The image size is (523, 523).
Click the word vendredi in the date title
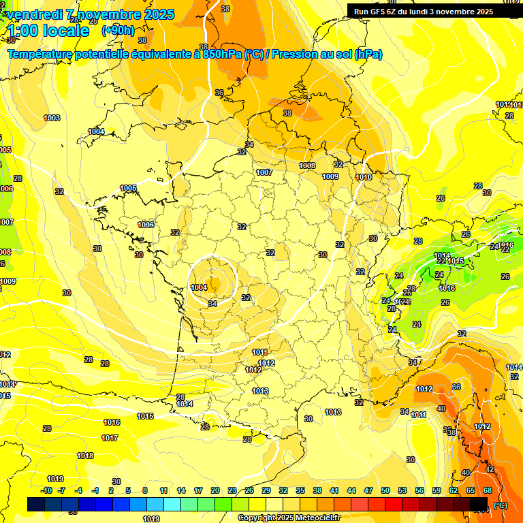pyautogui.click(x=35, y=14)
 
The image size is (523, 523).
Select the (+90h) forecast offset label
pyautogui.click(x=117, y=31)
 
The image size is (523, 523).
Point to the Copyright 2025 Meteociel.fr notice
pyautogui.click(x=289, y=518)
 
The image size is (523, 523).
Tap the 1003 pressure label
pyautogui.click(x=52, y=118)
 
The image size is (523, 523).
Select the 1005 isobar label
pyautogui.click(x=128, y=188)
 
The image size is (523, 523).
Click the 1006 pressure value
pyautogui.click(x=146, y=225)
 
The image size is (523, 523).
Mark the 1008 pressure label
pyautogui.click(x=308, y=165)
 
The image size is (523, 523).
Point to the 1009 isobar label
pyautogui.click(x=330, y=176)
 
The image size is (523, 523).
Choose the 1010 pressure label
pyautogui.click(x=364, y=177)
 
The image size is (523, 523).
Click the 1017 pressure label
pyautogui.click(x=110, y=438)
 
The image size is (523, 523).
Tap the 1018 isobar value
pyautogui.click(x=85, y=456)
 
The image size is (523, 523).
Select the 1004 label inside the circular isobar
pyautogui.click(x=199, y=287)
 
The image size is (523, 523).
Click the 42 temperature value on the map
pyautogui.click(x=489, y=469)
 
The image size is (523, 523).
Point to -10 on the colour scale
pyautogui.click(x=47, y=490)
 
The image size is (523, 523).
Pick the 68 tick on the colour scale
pyautogui.click(x=487, y=490)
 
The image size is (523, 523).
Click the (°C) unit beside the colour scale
pyautogui.click(x=500, y=505)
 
